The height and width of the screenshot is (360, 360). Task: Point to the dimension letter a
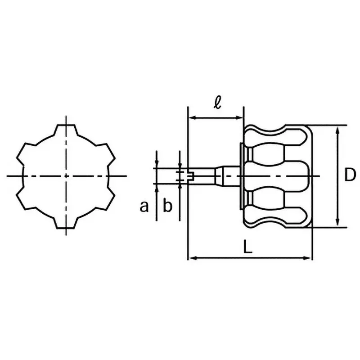tap(144, 207)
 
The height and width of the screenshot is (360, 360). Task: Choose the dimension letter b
tap(167, 207)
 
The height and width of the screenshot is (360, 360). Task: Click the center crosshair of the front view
tap(66, 175)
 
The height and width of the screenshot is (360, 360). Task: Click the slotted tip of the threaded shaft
tap(189, 175)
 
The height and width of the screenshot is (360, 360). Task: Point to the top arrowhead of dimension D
tap(337, 129)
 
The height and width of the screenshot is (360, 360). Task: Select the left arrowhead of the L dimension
tap(191, 258)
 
